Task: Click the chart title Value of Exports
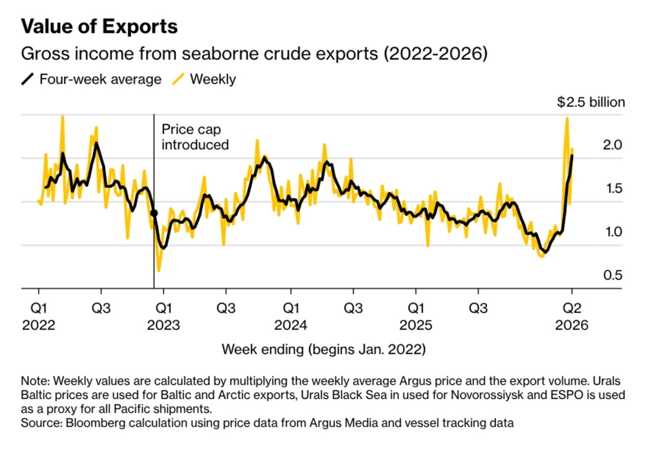point(100,26)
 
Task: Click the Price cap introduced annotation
point(195,137)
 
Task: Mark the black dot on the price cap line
point(154,213)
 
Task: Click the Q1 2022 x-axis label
point(38,315)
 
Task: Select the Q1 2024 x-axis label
point(291,315)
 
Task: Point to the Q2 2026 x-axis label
point(572,315)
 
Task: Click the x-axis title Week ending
point(323,350)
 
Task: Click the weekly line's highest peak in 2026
point(566,118)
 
